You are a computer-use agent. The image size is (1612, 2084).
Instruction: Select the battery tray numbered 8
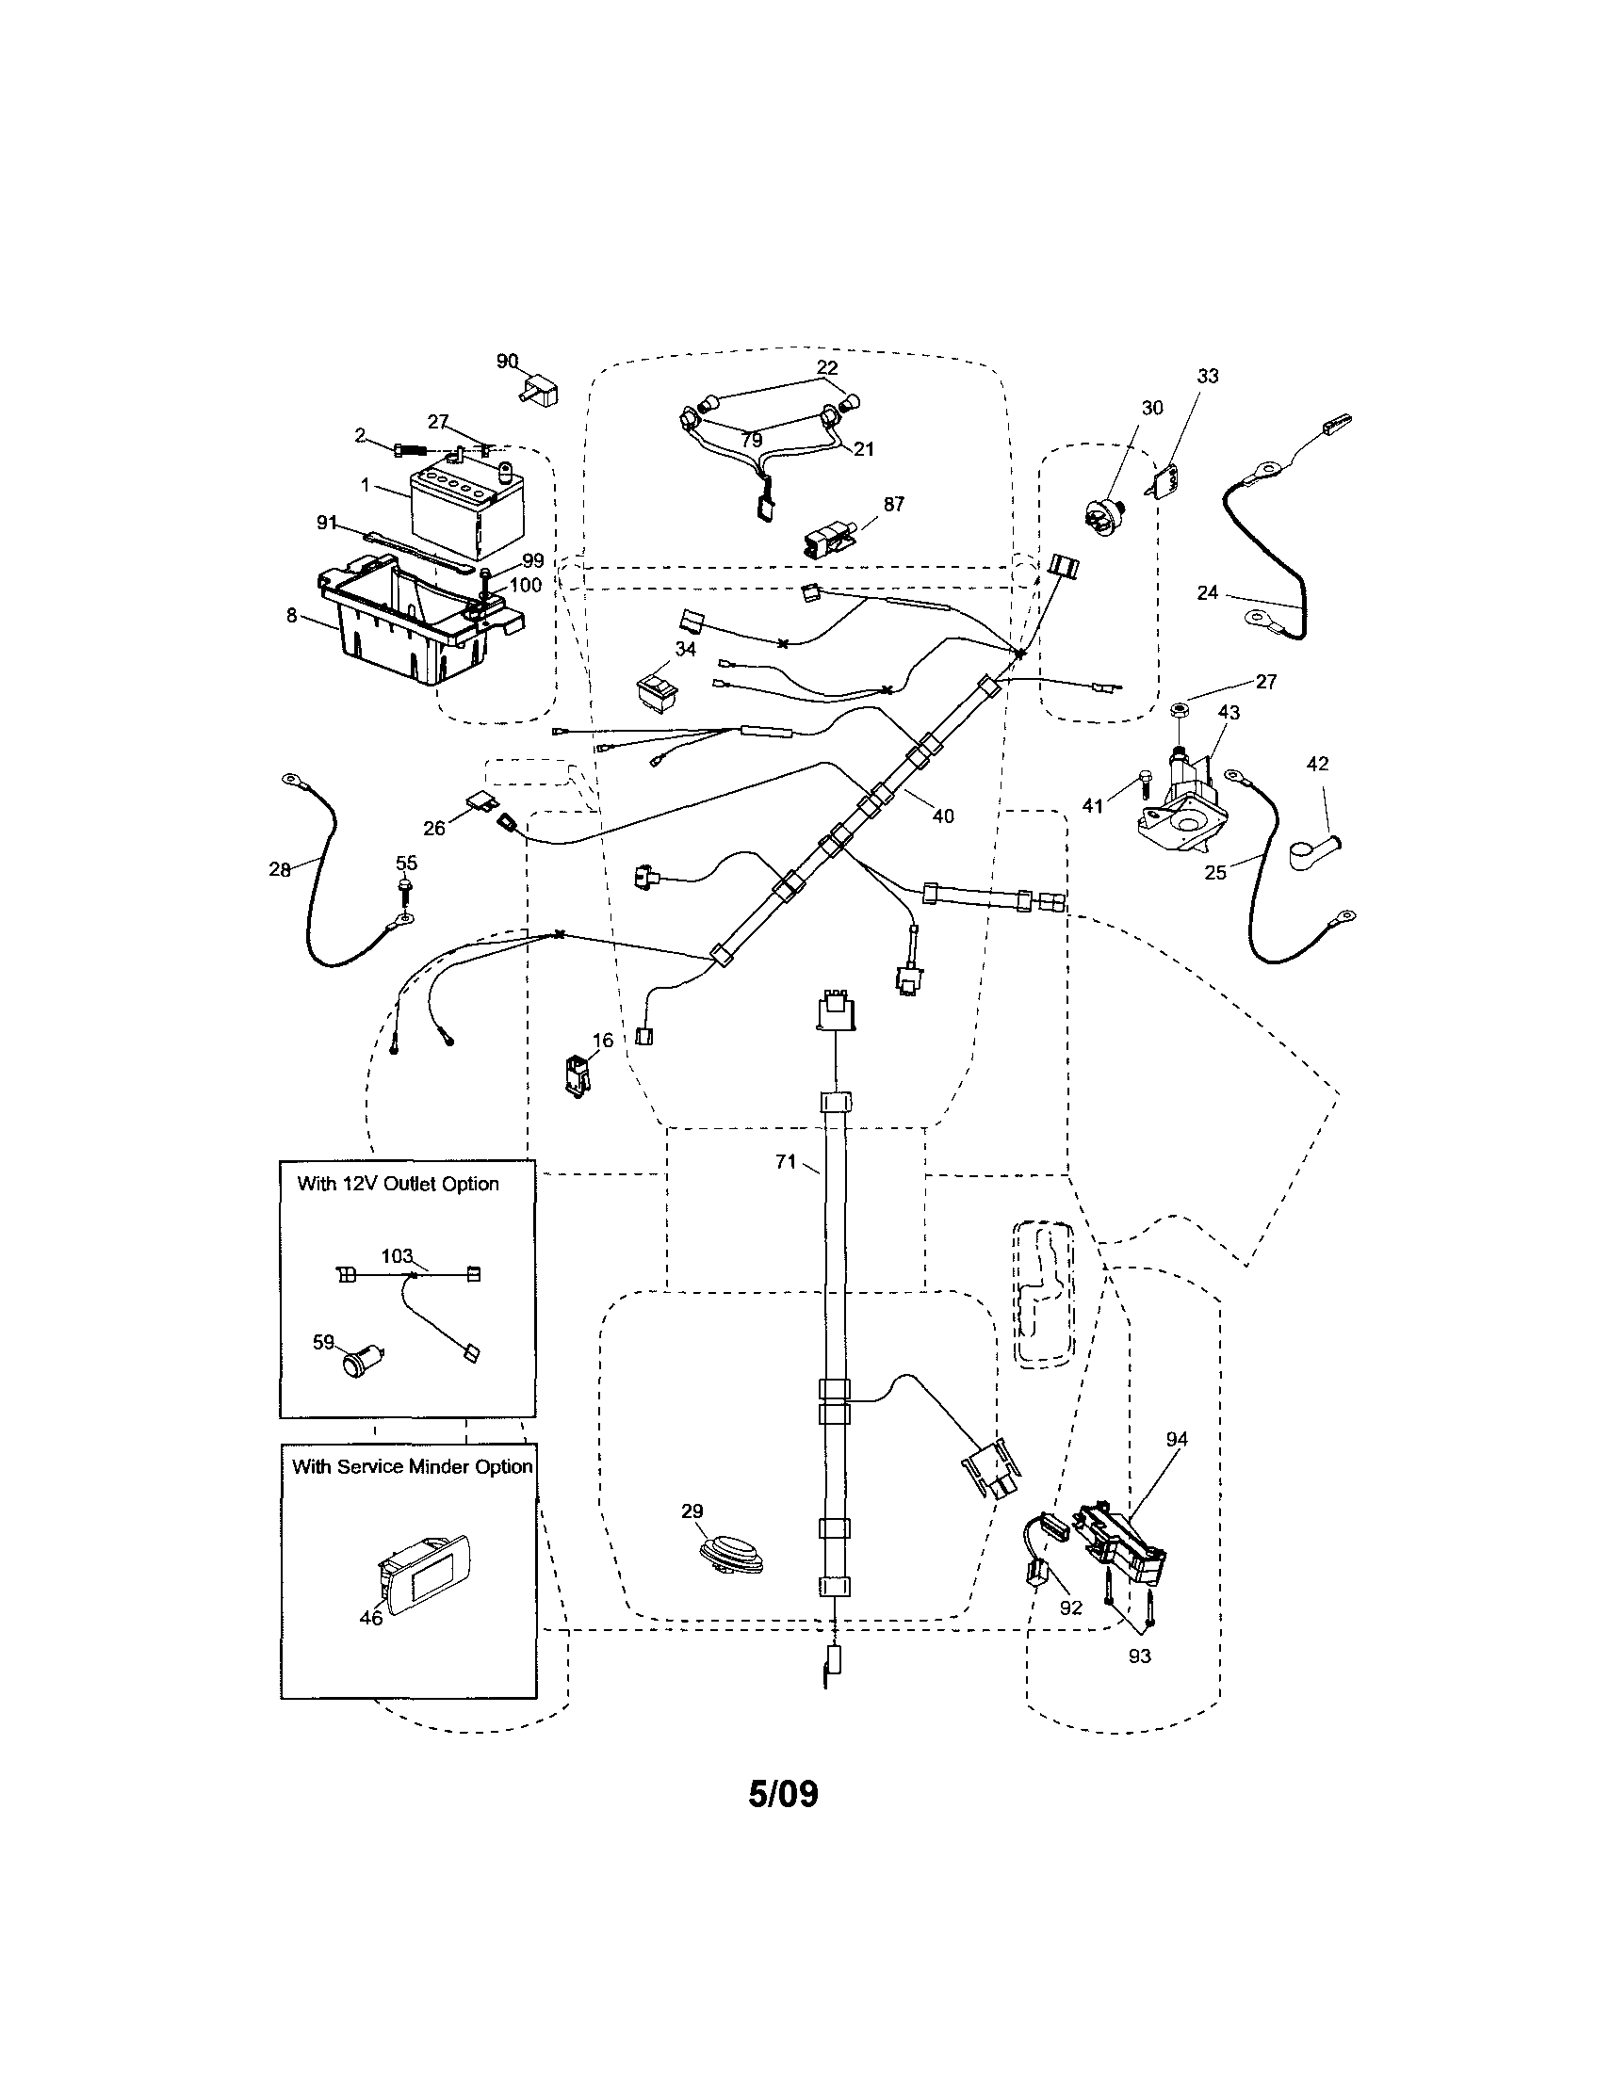pos(411,625)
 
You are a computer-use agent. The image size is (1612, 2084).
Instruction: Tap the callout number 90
pos(506,362)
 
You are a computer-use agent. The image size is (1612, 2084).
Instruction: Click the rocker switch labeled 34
pos(659,690)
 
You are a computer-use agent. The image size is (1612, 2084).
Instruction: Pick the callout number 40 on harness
pos(942,816)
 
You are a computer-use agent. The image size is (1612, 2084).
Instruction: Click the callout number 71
pos(786,1161)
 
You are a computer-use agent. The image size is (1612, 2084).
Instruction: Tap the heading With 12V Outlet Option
pos(398,1184)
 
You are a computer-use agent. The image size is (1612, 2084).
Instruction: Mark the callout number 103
pos(396,1255)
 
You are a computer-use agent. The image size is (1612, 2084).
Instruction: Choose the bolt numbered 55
pos(406,889)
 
